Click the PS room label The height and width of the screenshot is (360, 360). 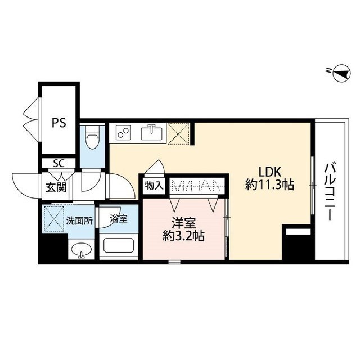[x=58, y=122]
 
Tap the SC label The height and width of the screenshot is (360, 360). [x=58, y=164]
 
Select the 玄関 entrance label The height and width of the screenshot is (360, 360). [x=56, y=186]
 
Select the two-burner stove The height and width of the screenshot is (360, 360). [x=123, y=133]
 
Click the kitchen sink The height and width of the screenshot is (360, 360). [x=151, y=133]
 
